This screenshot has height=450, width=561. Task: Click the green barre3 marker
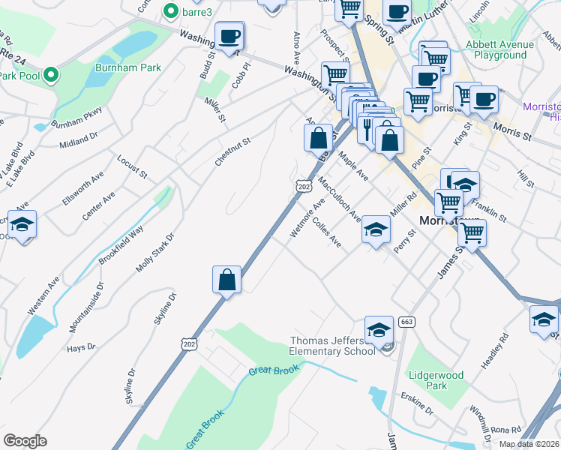click(x=170, y=11)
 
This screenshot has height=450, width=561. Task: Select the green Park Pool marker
click(x=50, y=75)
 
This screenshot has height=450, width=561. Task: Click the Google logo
click(x=25, y=441)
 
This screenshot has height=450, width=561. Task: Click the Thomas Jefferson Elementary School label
click(x=332, y=346)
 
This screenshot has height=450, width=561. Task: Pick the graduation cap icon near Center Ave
click(x=22, y=224)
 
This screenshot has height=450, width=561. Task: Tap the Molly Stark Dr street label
click(x=155, y=253)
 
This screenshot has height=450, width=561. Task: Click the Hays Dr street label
click(x=80, y=347)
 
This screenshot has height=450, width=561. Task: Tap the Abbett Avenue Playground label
click(x=500, y=49)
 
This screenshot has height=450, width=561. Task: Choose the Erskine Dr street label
click(x=418, y=404)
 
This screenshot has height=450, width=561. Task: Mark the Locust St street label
click(x=132, y=166)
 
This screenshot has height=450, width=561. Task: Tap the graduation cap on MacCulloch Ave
click(x=376, y=227)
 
